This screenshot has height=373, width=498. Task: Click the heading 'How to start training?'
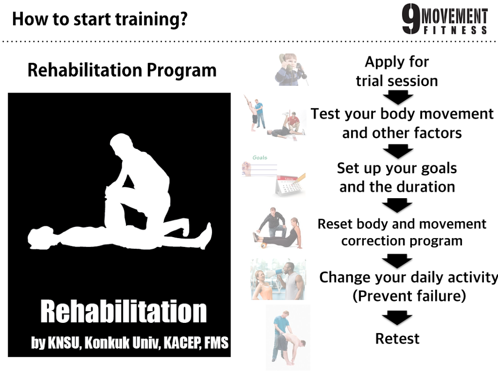(x=100, y=19)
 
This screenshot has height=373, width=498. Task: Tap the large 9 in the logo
(x=411, y=19)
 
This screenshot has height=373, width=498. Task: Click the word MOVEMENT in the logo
(x=455, y=17)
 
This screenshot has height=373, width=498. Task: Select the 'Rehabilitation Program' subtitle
(x=122, y=70)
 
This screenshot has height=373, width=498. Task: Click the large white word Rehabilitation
(x=124, y=312)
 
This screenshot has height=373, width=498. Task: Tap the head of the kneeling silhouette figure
(x=121, y=144)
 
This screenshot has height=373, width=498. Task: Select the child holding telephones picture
(x=291, y=69)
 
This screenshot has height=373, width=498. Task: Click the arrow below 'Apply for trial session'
(x=398, y=97)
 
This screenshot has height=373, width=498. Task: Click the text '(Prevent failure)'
(x=409, y=296)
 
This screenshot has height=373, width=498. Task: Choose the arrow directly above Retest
(x=397, y=317)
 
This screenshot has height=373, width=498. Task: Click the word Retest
(x=397, y=338)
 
